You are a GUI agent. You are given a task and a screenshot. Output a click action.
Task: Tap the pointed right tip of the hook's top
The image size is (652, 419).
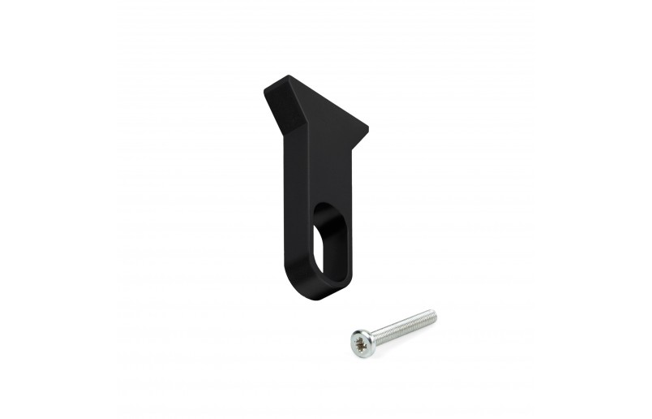367,129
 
